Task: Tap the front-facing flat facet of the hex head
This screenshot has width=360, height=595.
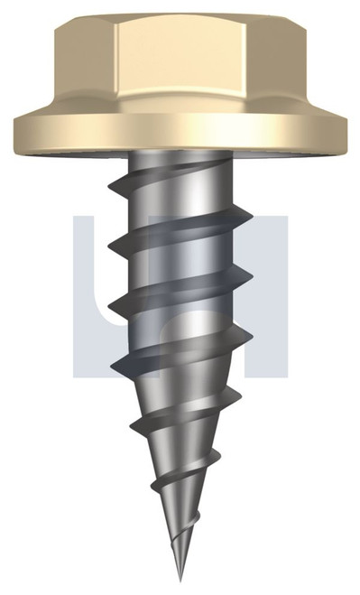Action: [180, 59]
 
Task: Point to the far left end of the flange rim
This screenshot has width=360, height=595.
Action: [16, 130]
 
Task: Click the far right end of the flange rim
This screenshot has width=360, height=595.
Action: [344, 130]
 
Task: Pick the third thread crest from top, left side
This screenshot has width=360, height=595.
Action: [109, 307]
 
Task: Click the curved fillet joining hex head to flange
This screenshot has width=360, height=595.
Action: [180, 107]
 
